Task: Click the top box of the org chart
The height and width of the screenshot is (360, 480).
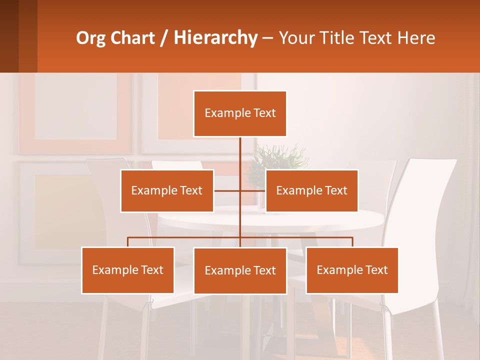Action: tap(240, 113)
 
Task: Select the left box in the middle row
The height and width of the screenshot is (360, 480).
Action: tap(167, 190)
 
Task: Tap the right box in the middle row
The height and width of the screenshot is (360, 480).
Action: tap(311, 190)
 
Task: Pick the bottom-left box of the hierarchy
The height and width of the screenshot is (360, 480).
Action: tap(128, 270)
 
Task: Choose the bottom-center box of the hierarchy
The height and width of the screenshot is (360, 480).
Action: tap(240, 270)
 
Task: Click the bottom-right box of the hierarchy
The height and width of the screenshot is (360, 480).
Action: tap(352, 270)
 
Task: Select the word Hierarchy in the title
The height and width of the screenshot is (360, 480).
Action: tap(215, 38)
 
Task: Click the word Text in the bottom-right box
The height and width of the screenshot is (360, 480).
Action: tap(376, 270)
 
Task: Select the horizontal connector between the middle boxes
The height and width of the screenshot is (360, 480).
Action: tap(240, 190)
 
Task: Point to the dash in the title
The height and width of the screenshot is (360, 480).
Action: tap(267, 38)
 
